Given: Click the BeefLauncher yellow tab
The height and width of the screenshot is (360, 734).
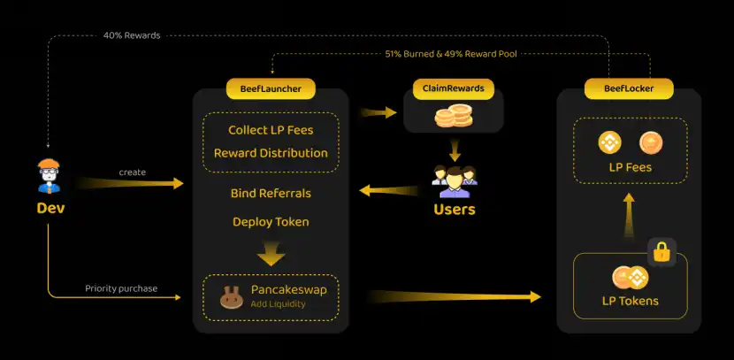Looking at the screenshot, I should tap(271, 89).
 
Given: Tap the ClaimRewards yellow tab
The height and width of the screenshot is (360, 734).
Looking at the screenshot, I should tap(454, 89).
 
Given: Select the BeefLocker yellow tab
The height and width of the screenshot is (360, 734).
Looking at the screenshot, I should tap(629, 89).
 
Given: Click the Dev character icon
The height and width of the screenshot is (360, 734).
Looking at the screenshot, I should tap(50, 175).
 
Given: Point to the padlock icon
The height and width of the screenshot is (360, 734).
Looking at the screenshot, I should tap(661, 251).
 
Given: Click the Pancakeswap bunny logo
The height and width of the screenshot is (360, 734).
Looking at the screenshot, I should tap(232, 297).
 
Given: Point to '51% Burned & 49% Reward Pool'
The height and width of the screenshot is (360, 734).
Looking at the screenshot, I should tap(450, 53).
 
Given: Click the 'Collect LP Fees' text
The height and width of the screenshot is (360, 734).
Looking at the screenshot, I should tap(271, 130).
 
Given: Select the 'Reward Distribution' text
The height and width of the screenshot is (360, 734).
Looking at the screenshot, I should tap(271, 153).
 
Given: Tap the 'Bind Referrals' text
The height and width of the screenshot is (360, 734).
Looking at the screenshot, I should tap(271, 193).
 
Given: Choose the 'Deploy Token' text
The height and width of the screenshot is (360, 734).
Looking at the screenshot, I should tap(271, 221).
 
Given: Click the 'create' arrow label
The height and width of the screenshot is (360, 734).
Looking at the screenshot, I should tap(132, 172).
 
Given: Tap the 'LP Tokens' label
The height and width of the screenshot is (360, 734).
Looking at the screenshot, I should tap(630, 302).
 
